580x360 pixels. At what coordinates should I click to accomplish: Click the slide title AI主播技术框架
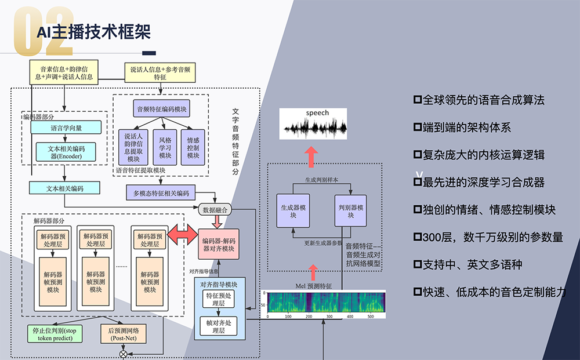(x=93, y=31)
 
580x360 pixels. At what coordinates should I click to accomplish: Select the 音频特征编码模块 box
(x=161, y=108)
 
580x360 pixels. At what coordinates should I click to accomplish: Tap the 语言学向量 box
(x=65, y=128)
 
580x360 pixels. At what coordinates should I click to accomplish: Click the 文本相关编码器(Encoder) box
(x=65, y=151)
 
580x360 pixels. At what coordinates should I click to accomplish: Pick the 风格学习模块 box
(x=165, y=147)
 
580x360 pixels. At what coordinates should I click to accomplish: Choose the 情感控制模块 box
(x=193, y=147)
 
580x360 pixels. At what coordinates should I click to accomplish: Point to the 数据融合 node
(x=216, y=209)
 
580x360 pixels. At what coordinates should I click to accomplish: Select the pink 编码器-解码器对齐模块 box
(x=218, y=244)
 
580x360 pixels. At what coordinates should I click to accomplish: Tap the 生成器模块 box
(x=293, y=211)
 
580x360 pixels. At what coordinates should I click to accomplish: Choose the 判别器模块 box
(x=351, y=211)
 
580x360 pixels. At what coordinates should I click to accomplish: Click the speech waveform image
(x=313, y=124)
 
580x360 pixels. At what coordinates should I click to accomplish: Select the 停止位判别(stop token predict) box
(x=58, y=334)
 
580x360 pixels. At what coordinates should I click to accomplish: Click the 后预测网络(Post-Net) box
(x=128, y=334)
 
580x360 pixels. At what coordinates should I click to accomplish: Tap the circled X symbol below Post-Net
(x=123, y=354)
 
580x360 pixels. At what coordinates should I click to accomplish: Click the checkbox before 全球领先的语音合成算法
(x=417, y=100)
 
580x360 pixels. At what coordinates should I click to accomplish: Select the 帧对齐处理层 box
(x=218, y=326)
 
